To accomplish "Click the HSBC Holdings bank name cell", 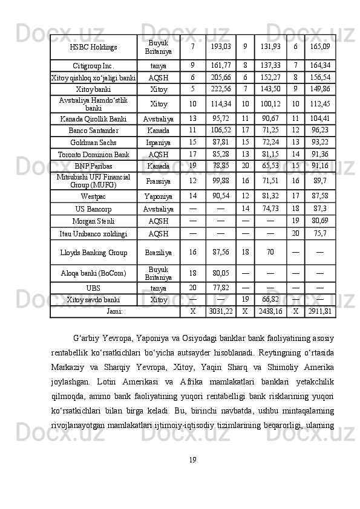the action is click(93, 47).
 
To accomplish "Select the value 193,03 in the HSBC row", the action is click(220, 47).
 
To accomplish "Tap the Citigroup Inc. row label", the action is click(93, 65).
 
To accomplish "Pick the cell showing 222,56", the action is click(220, 88).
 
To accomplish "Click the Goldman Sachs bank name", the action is click(93, 142).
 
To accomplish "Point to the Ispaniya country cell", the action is click(159, 142).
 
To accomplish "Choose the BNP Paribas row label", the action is click(93, 166).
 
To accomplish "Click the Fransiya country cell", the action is click(159, 180).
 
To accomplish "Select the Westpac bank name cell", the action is click(93, 196).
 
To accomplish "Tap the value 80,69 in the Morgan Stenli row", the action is click(320, 221).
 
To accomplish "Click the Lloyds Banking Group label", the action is click(93, 251).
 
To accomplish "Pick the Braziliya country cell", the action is click(159, 251).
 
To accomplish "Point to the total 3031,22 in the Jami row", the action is click(220, 311).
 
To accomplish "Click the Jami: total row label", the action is click(115, 311).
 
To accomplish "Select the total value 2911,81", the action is click(320, 311).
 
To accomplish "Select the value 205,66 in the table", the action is click(220, 77).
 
